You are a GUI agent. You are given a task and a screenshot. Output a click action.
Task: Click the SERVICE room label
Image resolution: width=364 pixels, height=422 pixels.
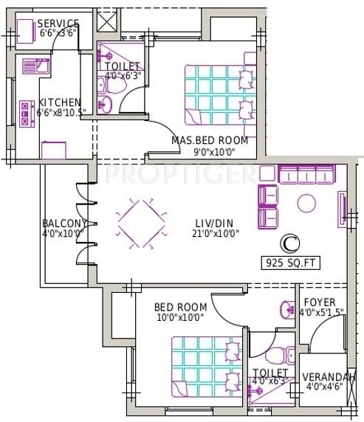(58, 24)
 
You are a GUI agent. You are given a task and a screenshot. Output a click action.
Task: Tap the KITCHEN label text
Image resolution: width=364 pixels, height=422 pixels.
(61, 103)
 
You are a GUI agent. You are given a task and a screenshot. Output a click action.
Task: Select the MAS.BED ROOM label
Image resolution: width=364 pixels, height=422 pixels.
(210, 140)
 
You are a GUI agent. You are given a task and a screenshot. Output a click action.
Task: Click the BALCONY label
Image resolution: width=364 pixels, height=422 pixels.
(63, 224)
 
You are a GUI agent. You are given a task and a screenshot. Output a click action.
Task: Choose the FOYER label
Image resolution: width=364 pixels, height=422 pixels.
(319, 302)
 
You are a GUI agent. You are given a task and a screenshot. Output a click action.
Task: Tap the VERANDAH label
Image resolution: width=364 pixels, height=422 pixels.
(329, 378)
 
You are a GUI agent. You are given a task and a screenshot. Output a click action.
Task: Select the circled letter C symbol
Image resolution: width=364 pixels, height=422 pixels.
(291, 242)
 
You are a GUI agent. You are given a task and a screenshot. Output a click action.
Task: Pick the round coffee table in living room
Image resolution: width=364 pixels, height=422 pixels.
(306, 202)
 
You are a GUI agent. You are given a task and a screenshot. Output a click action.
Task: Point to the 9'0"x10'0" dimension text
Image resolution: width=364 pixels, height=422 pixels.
(210, 151)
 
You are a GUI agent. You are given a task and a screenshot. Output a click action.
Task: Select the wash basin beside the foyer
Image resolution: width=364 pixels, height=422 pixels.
(285, 309)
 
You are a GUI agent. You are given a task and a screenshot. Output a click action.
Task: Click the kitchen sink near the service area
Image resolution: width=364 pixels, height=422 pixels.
(35, 67)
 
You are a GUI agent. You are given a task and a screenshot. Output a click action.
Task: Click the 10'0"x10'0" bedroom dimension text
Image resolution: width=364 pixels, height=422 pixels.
(179, 317)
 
